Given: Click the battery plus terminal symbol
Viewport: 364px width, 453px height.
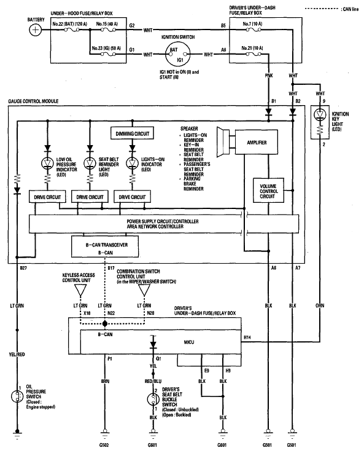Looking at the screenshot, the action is click(x=35, y=30).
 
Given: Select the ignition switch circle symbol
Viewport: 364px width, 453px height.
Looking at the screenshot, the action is click(x=178, y=54).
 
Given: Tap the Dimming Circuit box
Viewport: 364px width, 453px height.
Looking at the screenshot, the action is click(x=132, y=133).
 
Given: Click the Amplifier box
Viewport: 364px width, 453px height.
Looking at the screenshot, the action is click(x=257, y=143).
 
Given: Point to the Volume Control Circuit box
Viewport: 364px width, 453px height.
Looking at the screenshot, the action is click(x=268, y=191).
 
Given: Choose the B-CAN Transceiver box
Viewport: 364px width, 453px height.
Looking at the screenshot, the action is click(x=105, y=246).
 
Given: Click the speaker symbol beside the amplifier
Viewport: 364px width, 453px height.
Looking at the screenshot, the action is click(x=226, y=141).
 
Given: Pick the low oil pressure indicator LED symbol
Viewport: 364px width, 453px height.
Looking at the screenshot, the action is click(x=48, y=163).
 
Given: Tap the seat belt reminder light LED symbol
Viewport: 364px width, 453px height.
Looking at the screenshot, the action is click(x=90, y=163).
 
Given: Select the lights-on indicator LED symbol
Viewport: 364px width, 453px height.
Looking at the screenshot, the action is click(x=132, y=163).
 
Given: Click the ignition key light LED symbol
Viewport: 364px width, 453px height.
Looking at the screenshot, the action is click(x=320, y=114).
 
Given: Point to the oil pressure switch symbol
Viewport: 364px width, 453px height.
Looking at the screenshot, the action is click(x=17, y=396).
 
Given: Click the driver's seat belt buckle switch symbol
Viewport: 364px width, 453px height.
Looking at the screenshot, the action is click(x=153, y=400).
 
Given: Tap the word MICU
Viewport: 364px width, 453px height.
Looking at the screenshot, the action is click(x=189, y=342).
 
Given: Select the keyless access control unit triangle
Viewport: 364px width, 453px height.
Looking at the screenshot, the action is click(x=80, y=290).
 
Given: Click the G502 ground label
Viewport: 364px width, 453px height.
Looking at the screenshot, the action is click(x=104, y=445).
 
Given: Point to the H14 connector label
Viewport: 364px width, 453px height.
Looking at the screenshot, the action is click(x=247, y=337).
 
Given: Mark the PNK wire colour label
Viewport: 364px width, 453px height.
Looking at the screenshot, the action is click(x=268, y=76).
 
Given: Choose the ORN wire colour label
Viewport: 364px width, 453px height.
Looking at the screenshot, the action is click(x=320, y=305).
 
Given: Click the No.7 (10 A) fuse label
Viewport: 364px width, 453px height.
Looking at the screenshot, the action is click(x=252, y=24).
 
